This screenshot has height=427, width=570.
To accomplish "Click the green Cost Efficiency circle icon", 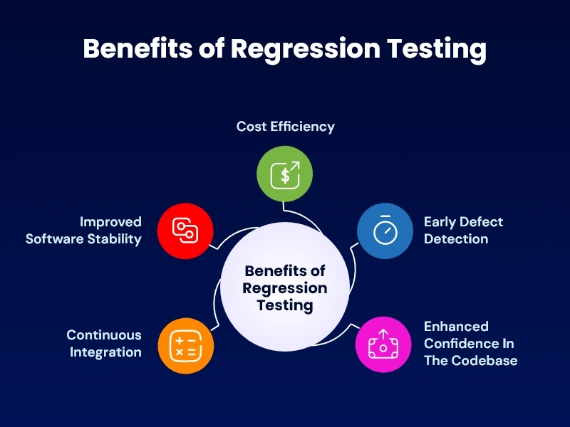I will (285, 174).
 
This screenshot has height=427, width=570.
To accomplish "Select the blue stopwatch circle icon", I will (385, 231).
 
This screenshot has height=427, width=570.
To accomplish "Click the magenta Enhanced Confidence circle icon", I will (383, 345).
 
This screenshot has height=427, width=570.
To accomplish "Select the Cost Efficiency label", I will (285, 127).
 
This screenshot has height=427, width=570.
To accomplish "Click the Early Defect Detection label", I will (463, 231).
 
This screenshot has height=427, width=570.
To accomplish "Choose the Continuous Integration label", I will (104, 343).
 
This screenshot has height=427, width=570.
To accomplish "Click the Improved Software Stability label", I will (84, 231).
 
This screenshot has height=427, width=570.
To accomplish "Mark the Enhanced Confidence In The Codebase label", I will (470, 343).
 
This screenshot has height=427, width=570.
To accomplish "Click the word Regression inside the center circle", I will (285, 288).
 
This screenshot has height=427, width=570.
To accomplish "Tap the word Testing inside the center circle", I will (285, 305).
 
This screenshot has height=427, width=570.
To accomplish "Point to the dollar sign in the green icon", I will (284, 176).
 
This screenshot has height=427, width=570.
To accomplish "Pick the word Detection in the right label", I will (456, 239).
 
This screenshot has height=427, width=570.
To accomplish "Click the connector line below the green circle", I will (285, 208).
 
